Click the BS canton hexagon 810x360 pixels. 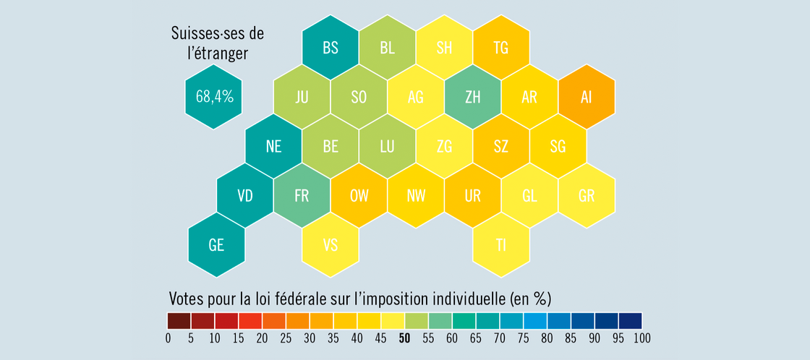331,48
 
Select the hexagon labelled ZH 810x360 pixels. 473,97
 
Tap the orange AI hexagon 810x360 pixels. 587,97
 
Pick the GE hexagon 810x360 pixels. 216,244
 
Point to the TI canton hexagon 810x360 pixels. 501,244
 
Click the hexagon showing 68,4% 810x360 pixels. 214,97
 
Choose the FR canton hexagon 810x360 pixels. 302,195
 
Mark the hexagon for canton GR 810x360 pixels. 587,195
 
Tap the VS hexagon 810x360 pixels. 331,244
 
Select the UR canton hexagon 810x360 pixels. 473,195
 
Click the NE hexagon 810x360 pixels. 273,146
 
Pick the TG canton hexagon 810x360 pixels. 501,48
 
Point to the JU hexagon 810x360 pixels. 302,97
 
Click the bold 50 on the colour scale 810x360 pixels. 405,338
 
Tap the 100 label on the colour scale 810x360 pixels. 641,338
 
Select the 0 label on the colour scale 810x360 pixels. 168,338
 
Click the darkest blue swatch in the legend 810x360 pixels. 631,320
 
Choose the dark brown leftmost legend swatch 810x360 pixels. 179,320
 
